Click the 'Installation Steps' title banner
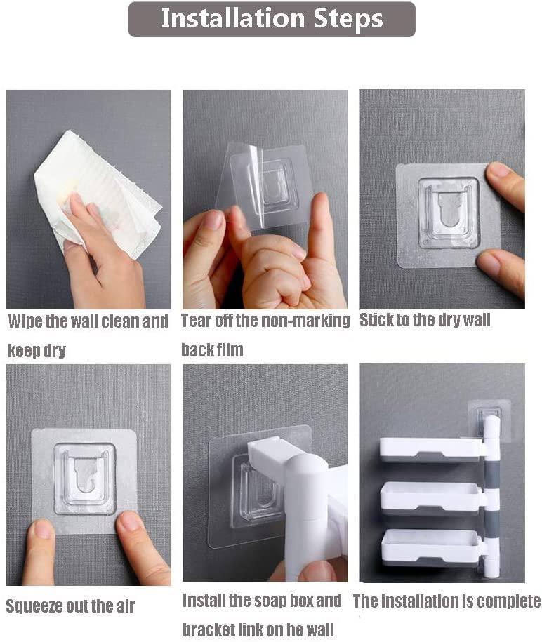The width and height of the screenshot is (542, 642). pos(272,19)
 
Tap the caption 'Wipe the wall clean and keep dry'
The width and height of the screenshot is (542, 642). pos(88,335)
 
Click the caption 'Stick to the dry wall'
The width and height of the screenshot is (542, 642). pos(425,321)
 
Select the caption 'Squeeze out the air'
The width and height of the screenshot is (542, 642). pos(70,606)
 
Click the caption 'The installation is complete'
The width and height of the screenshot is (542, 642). pos(447,601)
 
